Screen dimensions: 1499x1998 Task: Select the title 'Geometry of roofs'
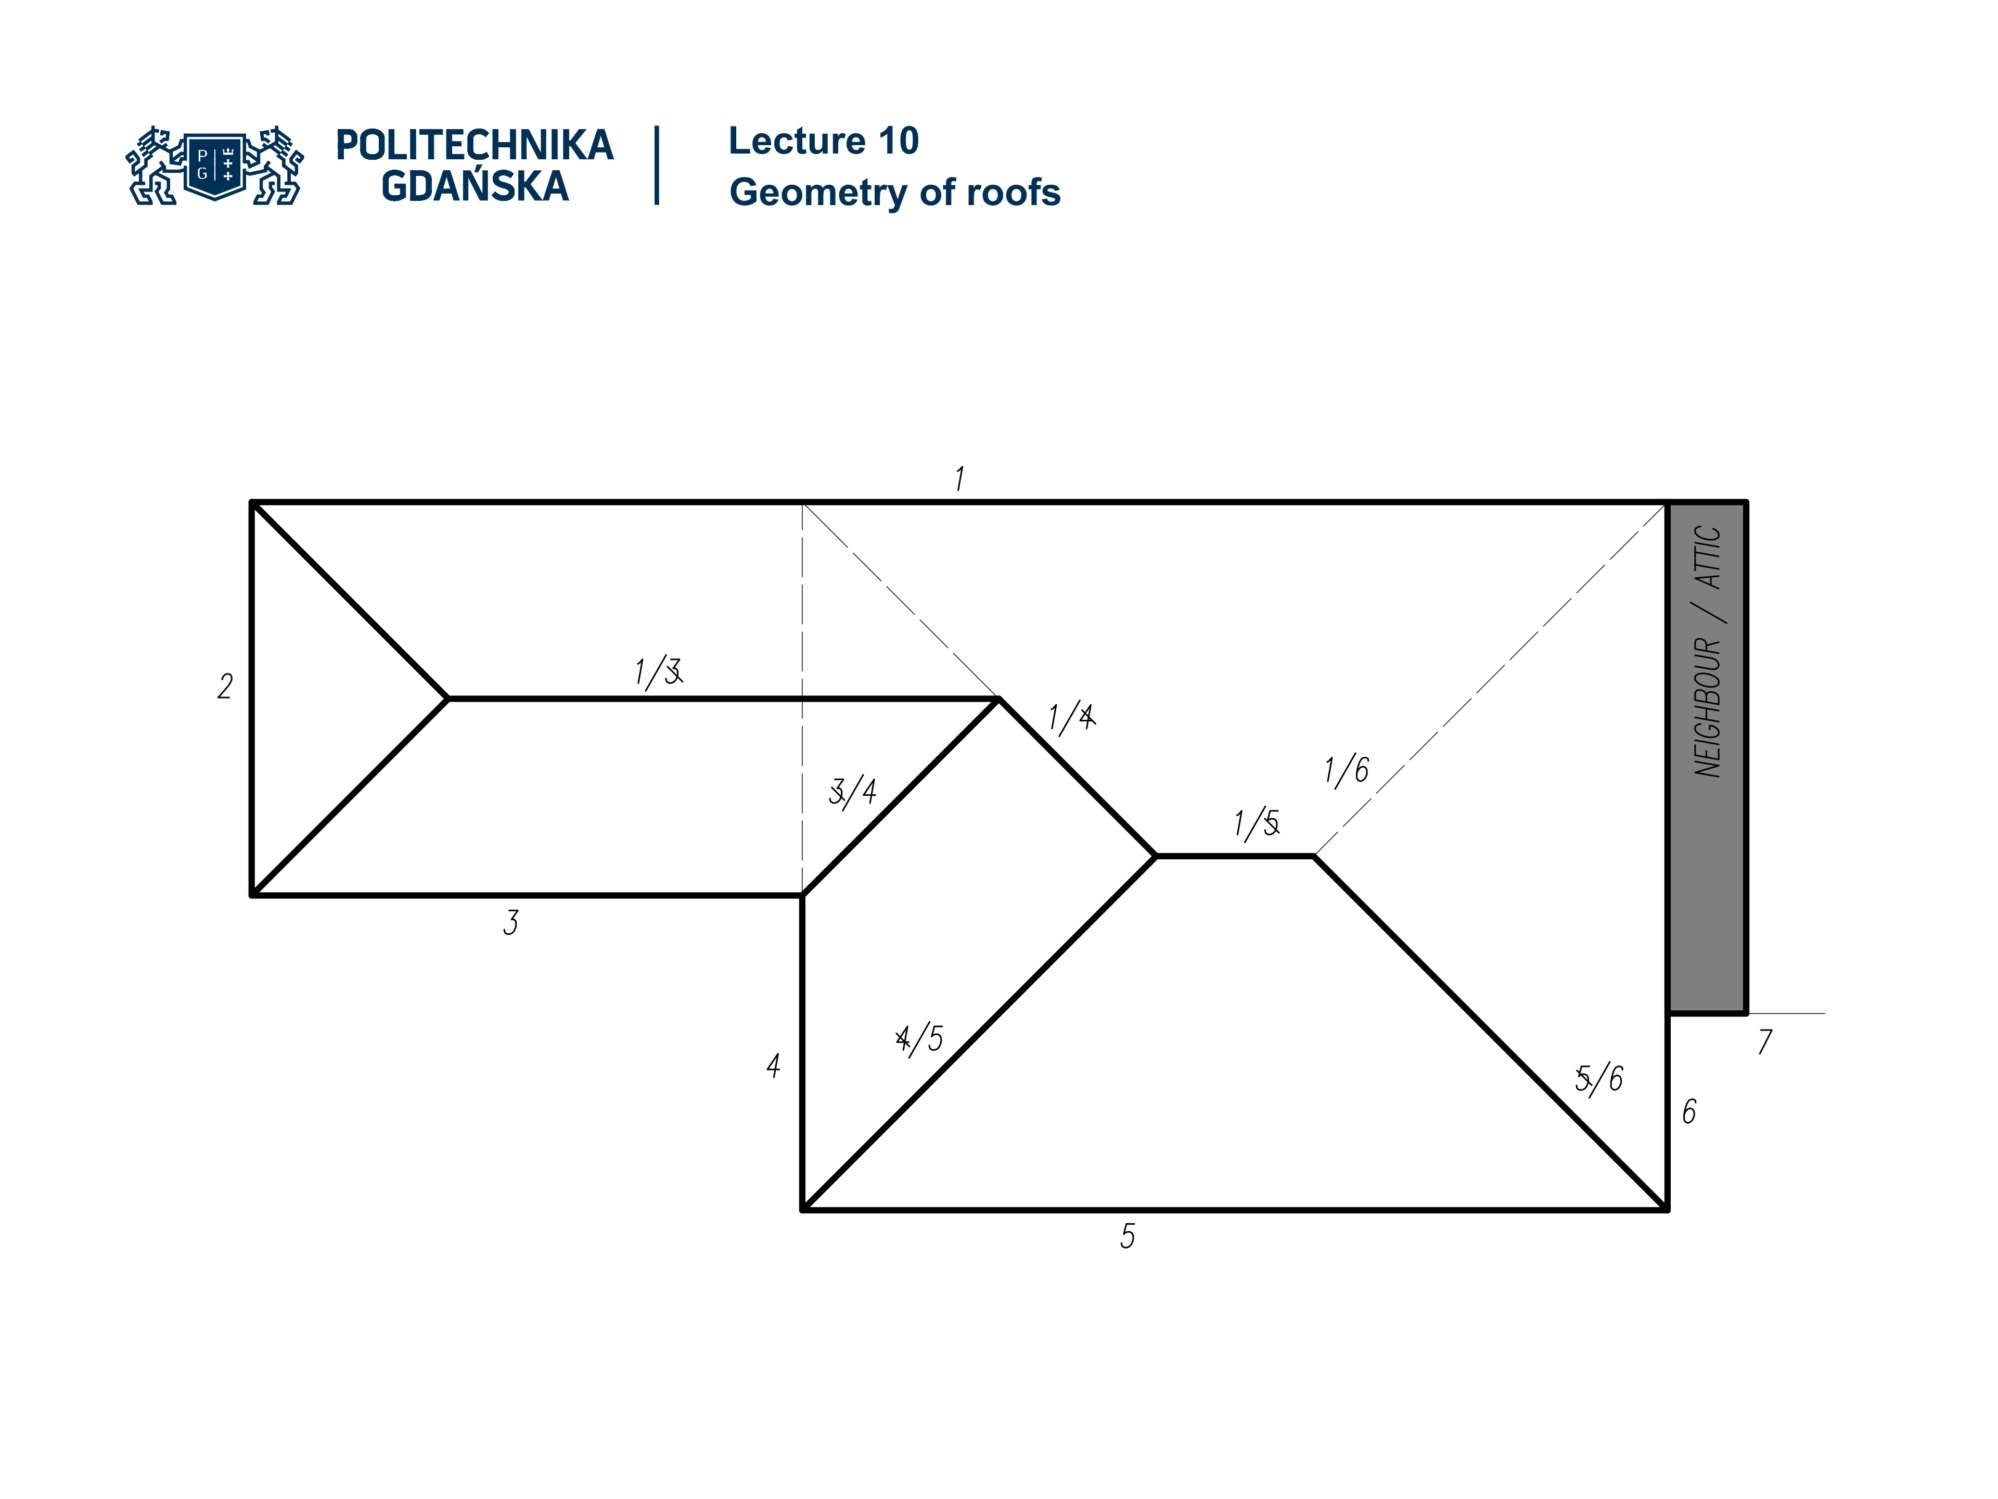coord(894,193)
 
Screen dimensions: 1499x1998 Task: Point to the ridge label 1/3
coord(658,672)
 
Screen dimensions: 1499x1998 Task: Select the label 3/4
coord(852,792)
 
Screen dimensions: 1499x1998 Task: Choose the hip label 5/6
coord(1599,1078)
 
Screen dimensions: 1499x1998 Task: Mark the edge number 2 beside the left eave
coord(225,687)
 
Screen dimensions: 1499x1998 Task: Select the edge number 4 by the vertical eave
coord(773,1066)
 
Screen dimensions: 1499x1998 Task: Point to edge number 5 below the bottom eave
coord(1128,1236)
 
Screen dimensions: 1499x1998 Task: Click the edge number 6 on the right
coord(1688,1111)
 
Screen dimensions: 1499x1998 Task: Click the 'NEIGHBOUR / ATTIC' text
coord(1707,651)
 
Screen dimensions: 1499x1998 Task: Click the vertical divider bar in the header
coord(657,166)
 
